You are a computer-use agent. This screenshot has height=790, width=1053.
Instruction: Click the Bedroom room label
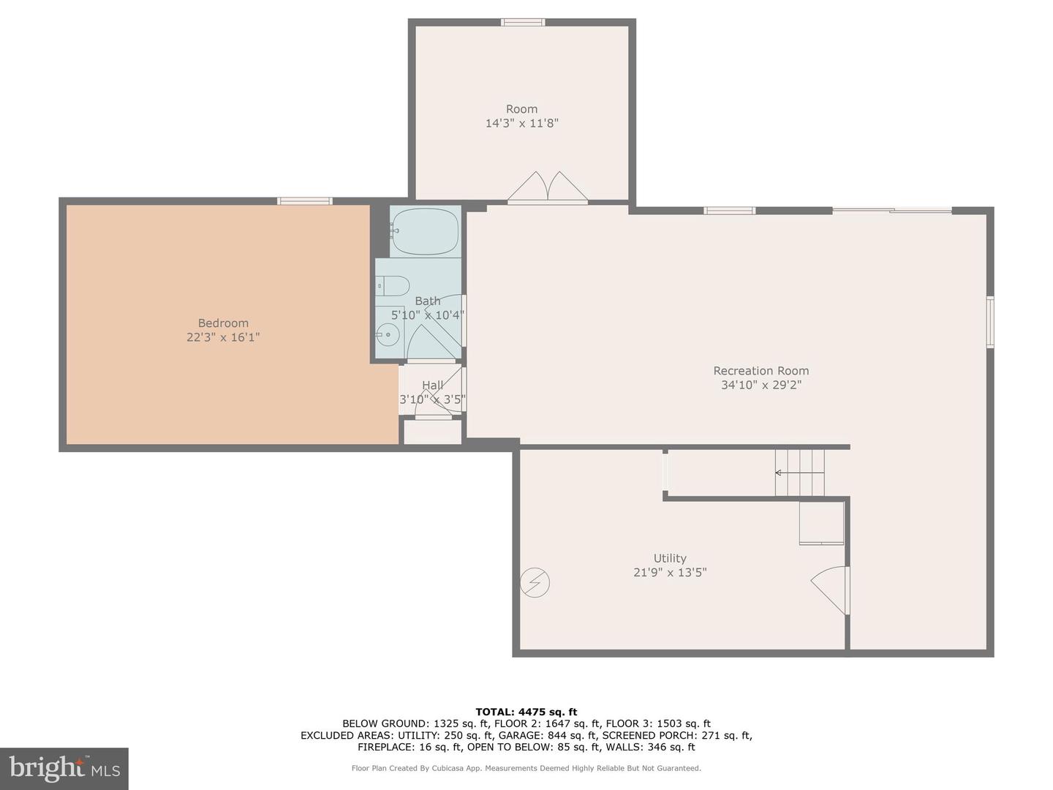pos(223,323)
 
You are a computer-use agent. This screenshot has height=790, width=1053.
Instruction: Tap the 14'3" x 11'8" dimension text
pos(521,124)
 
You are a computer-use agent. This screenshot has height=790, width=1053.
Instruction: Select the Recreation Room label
pos(760,371)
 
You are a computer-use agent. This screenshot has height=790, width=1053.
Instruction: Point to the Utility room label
pos(670,558)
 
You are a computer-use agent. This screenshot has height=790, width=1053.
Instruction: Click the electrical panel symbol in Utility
pos(535,583)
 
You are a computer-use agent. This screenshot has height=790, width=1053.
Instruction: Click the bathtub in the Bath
pos(424,232)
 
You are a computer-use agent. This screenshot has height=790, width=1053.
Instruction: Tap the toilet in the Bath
pos(393,285)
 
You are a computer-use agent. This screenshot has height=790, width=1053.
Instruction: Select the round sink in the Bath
pos(388,336)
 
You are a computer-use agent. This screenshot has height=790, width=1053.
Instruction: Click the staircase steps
pos(800,473)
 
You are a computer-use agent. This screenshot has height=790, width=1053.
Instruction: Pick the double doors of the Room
pos(548,187)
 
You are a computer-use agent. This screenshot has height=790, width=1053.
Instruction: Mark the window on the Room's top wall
pos(522,22)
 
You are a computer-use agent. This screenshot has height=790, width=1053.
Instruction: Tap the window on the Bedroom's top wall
pos(304,201)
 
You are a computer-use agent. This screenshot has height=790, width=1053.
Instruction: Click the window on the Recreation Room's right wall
pos(990,321)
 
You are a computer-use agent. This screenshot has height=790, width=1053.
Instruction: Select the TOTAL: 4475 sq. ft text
pos(526,712)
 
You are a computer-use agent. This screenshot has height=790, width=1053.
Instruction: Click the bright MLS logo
pos(64,768)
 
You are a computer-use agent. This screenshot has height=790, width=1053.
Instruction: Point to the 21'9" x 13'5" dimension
pos(670,573)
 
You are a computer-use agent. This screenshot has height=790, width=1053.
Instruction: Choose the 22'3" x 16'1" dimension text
pos(223,338)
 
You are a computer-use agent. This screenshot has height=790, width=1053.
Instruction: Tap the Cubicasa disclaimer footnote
pos(526,768)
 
